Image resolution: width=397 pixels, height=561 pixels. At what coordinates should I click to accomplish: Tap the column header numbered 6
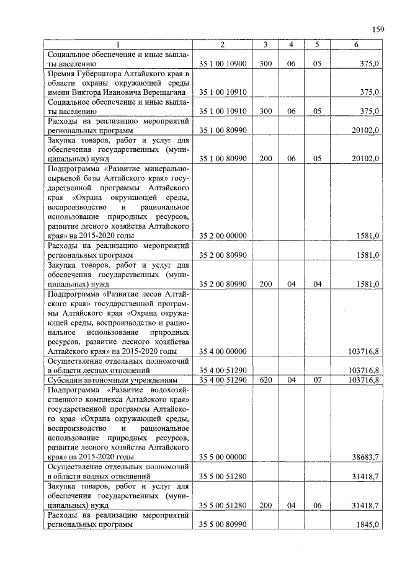(355, 44)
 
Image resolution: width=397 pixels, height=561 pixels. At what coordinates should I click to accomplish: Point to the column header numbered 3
(265, 44)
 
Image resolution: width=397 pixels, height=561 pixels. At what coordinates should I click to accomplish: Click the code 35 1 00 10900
(223, 63)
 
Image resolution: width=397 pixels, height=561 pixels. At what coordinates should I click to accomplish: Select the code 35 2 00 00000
(223, 236)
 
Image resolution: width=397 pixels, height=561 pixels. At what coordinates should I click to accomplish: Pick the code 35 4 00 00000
(223, 351)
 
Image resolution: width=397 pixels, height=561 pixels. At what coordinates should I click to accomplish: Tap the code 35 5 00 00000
(223, 457)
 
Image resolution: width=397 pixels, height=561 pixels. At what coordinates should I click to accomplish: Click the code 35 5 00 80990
(223, 524)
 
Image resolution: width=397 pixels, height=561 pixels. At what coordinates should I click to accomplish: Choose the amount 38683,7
(364, 457)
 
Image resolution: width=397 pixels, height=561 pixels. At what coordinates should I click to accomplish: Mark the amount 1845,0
(365, 524)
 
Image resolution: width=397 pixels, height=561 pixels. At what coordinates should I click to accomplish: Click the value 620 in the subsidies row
(265, 379)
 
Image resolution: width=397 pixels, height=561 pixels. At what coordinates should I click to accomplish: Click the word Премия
(64, 73)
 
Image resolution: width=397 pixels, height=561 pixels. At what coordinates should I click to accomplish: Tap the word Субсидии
(67, 379)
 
